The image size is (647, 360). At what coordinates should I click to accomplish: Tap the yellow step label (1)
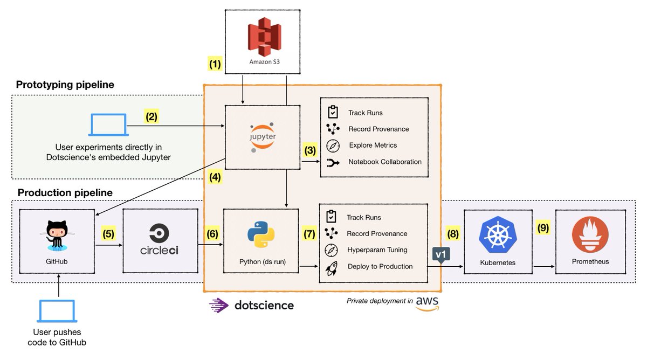(216, 64)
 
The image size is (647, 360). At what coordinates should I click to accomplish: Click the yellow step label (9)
(543, 228)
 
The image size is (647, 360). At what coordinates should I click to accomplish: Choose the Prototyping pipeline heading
(65, 85)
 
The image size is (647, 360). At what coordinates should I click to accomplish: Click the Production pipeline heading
(65, 192)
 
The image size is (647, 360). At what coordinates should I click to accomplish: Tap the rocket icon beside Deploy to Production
(332, 266)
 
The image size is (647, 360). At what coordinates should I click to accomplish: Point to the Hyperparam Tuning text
(377, 250)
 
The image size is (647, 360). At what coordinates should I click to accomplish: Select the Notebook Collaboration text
(385, 162)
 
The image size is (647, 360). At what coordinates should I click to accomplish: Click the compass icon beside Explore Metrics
(333, 146)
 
